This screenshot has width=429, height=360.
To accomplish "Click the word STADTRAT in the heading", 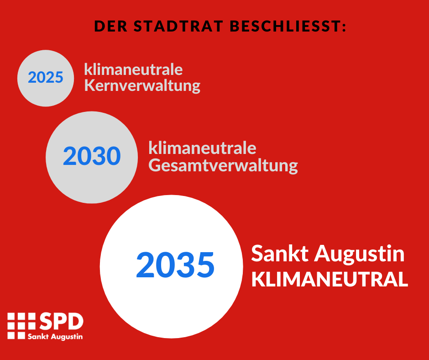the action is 178,26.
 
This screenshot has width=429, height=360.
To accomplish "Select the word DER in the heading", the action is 111,26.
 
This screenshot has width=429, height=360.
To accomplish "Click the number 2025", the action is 46,77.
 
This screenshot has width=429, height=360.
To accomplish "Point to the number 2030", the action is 92,156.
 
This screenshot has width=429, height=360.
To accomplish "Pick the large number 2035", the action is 175,265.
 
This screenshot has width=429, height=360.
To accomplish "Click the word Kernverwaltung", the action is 142,86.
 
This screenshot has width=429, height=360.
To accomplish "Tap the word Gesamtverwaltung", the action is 223,165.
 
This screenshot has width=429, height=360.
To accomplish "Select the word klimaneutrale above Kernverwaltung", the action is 133,69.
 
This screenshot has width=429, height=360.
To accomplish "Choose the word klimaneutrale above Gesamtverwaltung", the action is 202,148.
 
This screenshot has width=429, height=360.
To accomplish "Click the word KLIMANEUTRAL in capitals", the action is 330,280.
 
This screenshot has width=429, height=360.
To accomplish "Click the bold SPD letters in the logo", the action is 62,321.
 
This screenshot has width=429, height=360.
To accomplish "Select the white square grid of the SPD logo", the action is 21,326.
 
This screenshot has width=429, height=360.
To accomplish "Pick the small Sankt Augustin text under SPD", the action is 55,336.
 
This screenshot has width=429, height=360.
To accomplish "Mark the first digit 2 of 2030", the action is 69,156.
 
